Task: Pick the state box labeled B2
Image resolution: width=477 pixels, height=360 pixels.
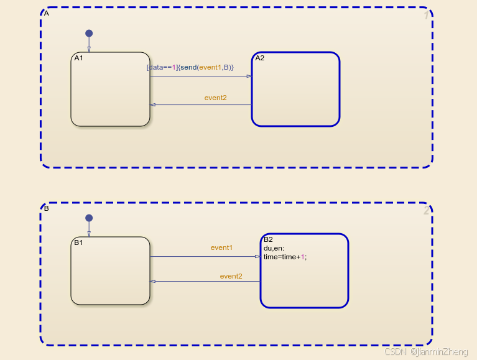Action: [x=303, y=280]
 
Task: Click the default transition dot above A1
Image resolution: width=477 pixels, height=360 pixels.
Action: [x=89, y=33]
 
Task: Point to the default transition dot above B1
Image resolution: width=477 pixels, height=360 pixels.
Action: [x=89, y=218]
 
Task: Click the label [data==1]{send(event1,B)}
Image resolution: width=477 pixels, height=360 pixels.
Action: [x=190, y=67]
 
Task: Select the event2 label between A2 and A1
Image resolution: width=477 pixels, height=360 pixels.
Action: [x=215, y=98]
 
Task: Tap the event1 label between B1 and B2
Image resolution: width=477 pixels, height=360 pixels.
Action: [x=221, y=247]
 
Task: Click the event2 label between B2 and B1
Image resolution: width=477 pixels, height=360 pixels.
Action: [x=231, y=276]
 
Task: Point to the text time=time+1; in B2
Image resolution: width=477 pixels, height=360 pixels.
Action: [x=285, y=256]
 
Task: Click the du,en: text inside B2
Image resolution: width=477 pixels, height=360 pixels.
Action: [x=274, y=248]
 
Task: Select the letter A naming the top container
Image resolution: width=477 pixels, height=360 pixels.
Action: [x=47, y=12]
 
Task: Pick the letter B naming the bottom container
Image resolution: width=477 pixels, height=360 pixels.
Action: [x=47, y=208]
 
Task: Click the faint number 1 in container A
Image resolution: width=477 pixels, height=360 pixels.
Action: [x=426, y=16]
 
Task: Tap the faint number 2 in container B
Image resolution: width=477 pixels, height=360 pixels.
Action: [x=426, y=211]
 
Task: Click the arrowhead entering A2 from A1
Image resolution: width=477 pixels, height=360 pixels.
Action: [x=249, y=76]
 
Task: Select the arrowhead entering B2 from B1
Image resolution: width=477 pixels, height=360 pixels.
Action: [x=257, y=256]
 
